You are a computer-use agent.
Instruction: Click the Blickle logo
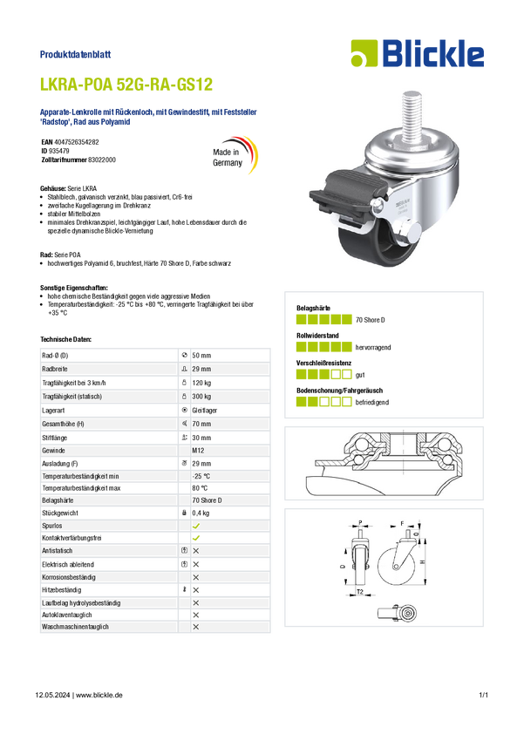tap(418, 53)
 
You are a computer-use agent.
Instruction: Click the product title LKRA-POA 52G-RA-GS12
tap(126, 85)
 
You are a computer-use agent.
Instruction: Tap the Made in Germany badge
tap(235, 155)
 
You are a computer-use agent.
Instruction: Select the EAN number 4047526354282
tap(77, 142)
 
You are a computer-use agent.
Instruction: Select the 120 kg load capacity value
tap(201, 383)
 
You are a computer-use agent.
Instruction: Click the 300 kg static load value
tap(201, 397)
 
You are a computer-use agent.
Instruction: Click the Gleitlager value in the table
tap(204, 411)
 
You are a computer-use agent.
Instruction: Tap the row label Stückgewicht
tap(60, 513)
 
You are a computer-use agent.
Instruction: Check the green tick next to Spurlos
tap(196, 526)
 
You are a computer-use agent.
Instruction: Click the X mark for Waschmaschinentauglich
tap(196, 627)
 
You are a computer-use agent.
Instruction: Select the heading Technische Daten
tap(65, 339)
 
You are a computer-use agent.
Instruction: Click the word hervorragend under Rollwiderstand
tap(373, 347)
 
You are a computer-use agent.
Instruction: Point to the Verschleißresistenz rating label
tap(323, 363)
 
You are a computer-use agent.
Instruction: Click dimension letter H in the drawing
tap(422, 562)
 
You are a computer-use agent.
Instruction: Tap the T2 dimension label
tap(359, 592)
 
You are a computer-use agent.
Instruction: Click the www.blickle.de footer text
tap(99, 695)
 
